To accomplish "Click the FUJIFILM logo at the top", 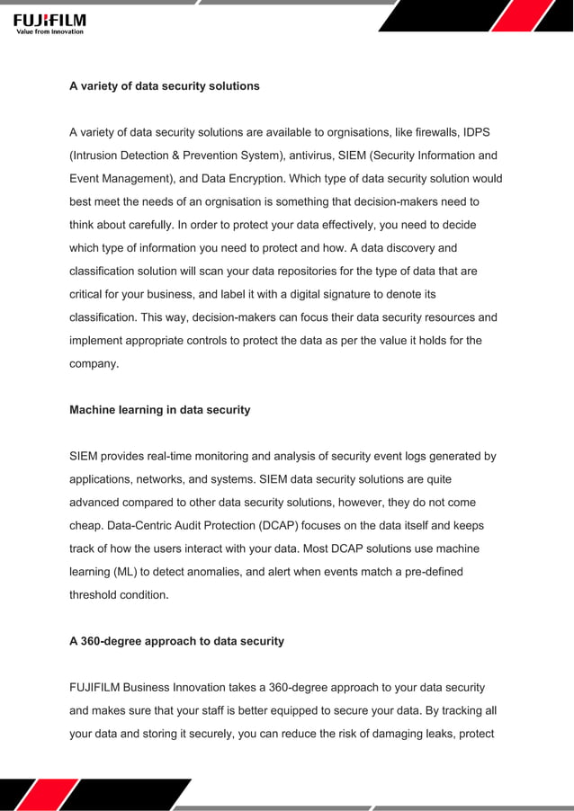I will tap(49, 19).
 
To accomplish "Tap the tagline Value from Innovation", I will tap(50, 31).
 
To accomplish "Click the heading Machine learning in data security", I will tap(160, 410).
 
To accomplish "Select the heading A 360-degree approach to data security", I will tap(176, 641).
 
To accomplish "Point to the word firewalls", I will tap(435, 133).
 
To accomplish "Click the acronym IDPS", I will tap(479, 133).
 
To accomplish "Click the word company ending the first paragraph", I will tap(93, 363).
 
